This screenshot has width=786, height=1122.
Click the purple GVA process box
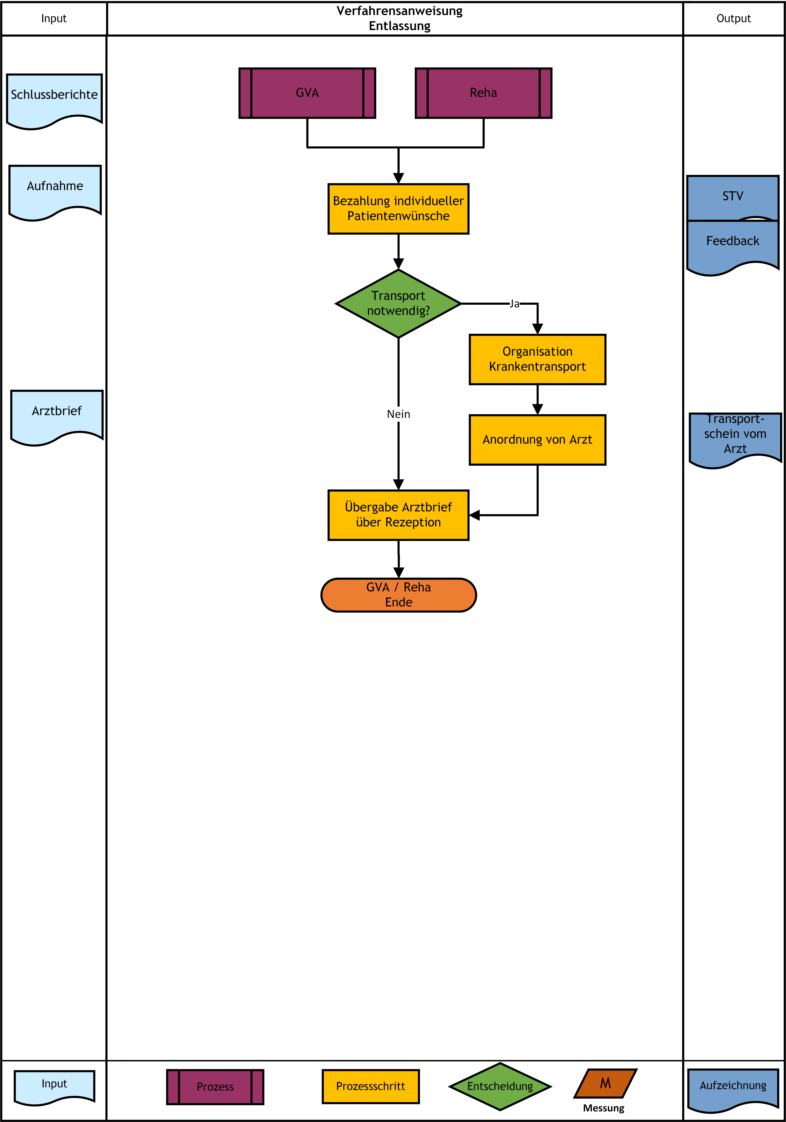307,93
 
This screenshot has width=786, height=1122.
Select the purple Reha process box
483,93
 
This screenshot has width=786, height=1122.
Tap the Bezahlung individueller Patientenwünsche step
398,209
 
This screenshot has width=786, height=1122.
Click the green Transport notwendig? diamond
398,303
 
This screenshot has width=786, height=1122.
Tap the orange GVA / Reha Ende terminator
398,595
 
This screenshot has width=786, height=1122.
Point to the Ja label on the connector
514,304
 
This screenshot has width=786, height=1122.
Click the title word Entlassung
399,26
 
